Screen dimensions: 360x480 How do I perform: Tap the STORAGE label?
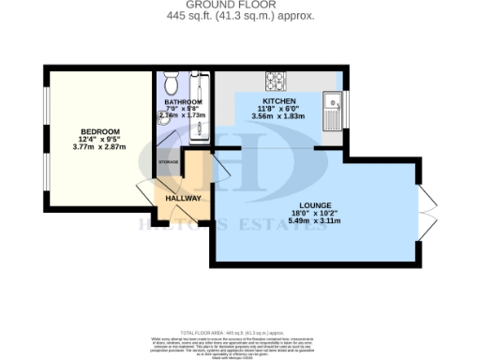[x=169, y=162]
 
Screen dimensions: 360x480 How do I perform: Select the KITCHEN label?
[x=279, y=101]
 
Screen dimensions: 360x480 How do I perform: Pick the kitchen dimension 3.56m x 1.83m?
[x=279, y=117]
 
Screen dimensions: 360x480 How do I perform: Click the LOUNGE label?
[x=313, y=206]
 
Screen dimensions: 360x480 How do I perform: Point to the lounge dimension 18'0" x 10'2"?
[x=313, y=215]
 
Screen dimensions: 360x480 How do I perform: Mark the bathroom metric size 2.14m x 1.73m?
[x=184, y=115]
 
